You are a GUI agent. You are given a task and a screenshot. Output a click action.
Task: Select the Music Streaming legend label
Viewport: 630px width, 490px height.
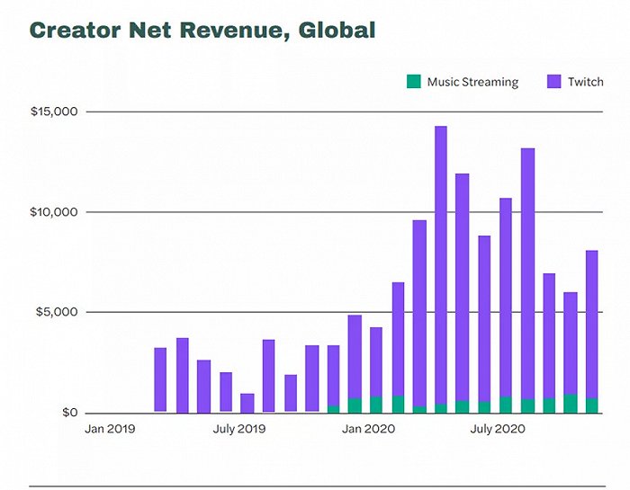click(472, 82)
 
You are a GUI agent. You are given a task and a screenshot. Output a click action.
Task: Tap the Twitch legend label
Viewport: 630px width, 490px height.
click(586, 82)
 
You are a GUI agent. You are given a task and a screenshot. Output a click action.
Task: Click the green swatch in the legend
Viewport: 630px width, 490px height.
click(414, 82)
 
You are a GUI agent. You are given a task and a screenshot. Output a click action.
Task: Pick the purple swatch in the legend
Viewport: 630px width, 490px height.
click(554, 82)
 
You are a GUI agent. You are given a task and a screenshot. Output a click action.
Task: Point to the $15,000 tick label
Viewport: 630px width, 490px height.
click(54, 111)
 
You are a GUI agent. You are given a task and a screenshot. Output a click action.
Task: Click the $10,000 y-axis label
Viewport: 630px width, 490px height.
click(54, 212)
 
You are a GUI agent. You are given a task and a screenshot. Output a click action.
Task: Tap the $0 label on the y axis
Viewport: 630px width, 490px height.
click(69, 413)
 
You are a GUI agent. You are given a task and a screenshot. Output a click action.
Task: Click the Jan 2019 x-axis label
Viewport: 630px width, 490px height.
click(111, 429)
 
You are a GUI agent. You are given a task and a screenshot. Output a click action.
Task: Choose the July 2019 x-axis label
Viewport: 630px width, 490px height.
click(239, 429)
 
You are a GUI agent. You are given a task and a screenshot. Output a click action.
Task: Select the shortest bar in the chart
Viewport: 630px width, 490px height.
click(247, 403)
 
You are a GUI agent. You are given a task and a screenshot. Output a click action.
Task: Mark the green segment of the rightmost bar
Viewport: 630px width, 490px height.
click(592, 405)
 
